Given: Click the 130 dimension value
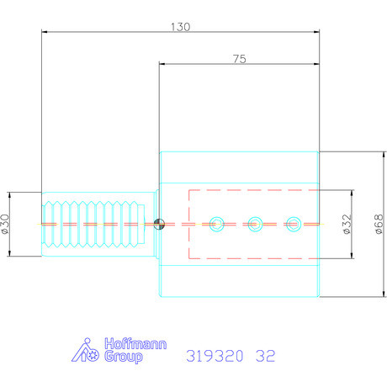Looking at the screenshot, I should point(181,26).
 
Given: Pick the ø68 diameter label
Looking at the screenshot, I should point(379,225).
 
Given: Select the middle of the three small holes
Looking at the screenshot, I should point(255,223).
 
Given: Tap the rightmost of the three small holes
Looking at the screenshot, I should point(293,223).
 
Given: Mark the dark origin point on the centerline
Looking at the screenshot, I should point(159,223).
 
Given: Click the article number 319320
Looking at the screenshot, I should point(211,356).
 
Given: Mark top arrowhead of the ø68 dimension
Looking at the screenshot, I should point(371,154).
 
